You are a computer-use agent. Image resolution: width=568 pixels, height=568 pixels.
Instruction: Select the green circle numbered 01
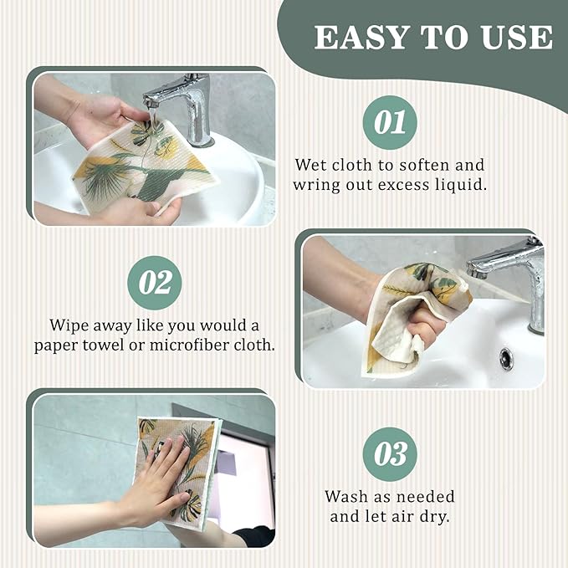tap(390, 122)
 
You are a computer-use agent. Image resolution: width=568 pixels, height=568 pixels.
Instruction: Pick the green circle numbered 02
tap(155, 283)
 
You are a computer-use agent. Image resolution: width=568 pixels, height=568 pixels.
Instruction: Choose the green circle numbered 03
tap(390, 454)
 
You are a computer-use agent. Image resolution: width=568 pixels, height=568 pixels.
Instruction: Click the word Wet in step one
tap(310, 165)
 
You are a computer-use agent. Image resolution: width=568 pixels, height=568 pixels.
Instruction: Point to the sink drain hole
tap(506, 358)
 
